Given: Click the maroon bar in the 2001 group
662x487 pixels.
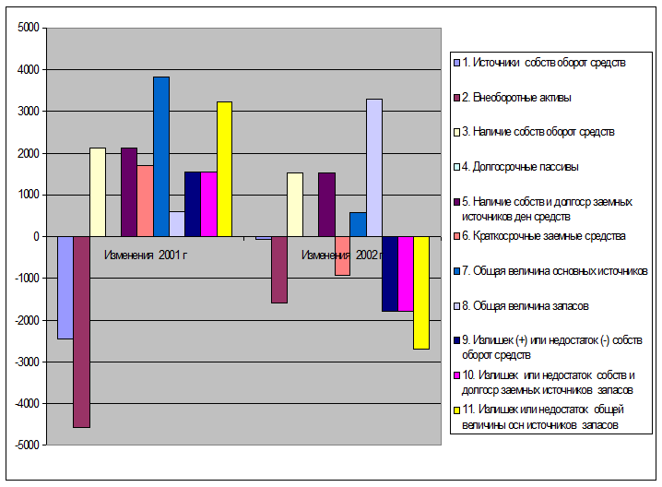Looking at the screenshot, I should pyautogui.click(x=81, y=332).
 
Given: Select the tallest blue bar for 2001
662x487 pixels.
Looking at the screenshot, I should pyautogui.click(x=161, y=157).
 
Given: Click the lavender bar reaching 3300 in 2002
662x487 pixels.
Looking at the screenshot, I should pyautogui.click(x=373, y=167).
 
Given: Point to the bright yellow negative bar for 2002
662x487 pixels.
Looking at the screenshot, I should pyautogui.click(x=421, y=292).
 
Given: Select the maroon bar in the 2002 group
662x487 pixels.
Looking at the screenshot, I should pyautogui.click(x=279, y=269).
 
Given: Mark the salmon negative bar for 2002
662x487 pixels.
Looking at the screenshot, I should pyautogui.click(x=342, y=255).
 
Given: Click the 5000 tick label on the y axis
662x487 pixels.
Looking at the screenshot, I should pyautogui.click(x=27, y=28).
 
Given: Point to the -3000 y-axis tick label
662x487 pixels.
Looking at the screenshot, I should pyautogui.click(x=25, y=362).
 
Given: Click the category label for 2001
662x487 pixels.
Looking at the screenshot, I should pyautogui.click(x=146, y=255).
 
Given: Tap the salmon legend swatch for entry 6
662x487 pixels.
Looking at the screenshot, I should pyautogui.click(x=455, y=236).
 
